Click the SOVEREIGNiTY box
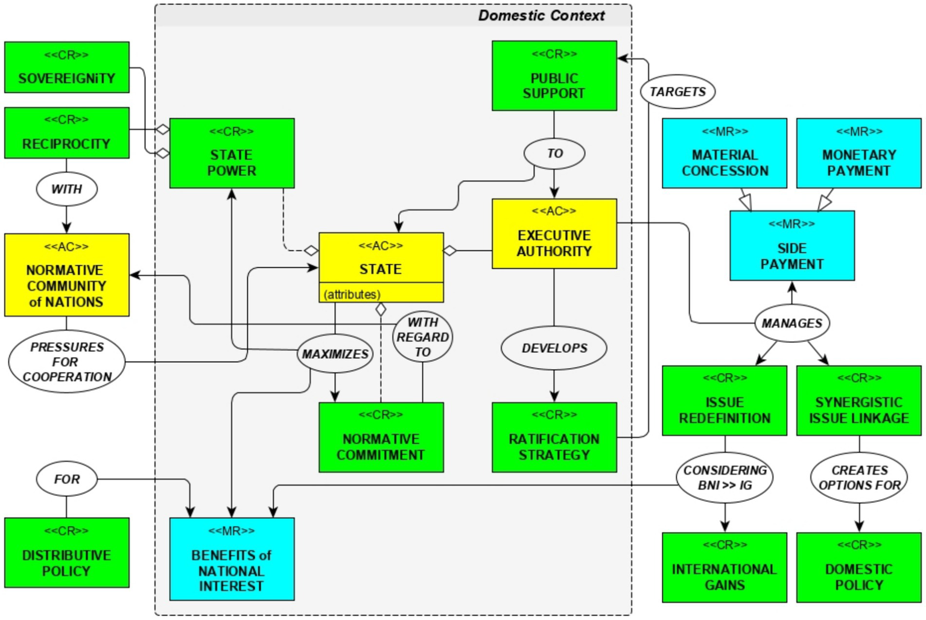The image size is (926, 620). tap(66, 67)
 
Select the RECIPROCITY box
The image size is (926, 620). tap(66, 133)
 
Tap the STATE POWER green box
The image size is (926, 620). tap(232, 154)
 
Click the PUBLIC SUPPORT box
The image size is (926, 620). tap(554, 76)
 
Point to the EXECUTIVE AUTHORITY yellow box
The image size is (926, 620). tap(554, 234)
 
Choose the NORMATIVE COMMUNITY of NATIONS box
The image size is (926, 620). tap(66, 275)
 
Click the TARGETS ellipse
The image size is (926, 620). tap(677, 92)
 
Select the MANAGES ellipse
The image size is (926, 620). tap(791, 324)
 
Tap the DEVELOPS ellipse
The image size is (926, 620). tap(554, 348)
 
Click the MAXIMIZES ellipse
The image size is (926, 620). tap(335, 354)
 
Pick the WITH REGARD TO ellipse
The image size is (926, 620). tap(422, 337)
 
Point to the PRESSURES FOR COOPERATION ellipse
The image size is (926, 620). tap(66, 362)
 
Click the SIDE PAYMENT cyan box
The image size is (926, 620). tap(791, 246)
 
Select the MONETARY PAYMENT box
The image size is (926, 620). tap(858, 154)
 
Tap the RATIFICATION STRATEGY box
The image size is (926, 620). tap(554, 437)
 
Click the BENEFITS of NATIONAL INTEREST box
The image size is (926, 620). tap(232, 559)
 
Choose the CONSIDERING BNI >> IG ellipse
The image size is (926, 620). tap(725, 478)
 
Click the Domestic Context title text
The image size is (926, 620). tap(541, 16)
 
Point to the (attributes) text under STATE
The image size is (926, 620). tap(352, 295)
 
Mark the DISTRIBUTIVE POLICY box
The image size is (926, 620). tap(66, 553)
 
